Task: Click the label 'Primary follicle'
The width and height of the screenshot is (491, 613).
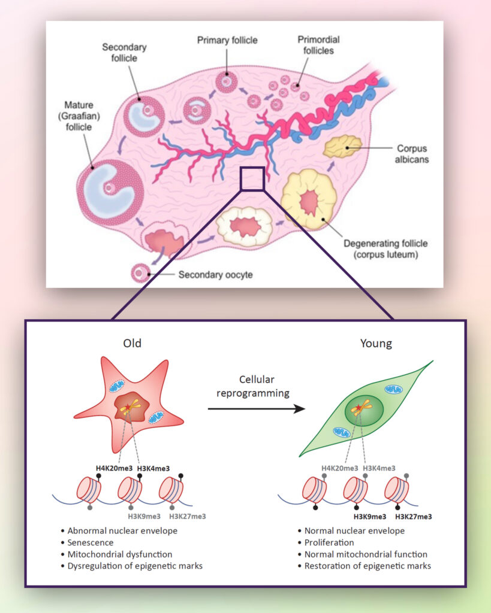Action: [x=227, y=40]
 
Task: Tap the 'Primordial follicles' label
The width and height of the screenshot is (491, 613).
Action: [x=318, y=45]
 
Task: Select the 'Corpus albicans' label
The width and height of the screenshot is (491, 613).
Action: [x=412, y=154]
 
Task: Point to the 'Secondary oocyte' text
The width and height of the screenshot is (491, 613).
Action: [x=215, y=275]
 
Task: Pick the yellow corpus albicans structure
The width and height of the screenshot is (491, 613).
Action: [x=343, y=146]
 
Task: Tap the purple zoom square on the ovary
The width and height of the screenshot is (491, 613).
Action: [x=252, y=178]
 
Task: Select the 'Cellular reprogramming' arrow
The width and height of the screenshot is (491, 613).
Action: [x=255, y=409]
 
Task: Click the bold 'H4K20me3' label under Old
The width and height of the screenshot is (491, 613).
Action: [x=113, y=468]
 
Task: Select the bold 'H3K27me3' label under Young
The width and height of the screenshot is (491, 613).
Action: [x=413, y=516]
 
